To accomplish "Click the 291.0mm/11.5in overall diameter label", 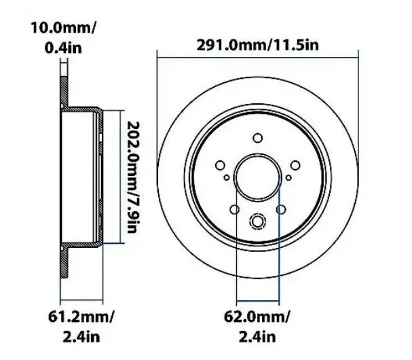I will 257,46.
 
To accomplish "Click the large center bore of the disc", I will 257,177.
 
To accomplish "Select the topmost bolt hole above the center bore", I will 257,139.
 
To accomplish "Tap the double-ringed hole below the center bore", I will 257,222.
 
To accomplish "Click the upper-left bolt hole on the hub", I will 219,165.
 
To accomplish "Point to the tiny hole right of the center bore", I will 288,178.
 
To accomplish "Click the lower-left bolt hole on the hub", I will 233,210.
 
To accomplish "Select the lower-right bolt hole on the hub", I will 281,210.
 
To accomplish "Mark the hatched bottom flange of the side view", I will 64,268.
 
